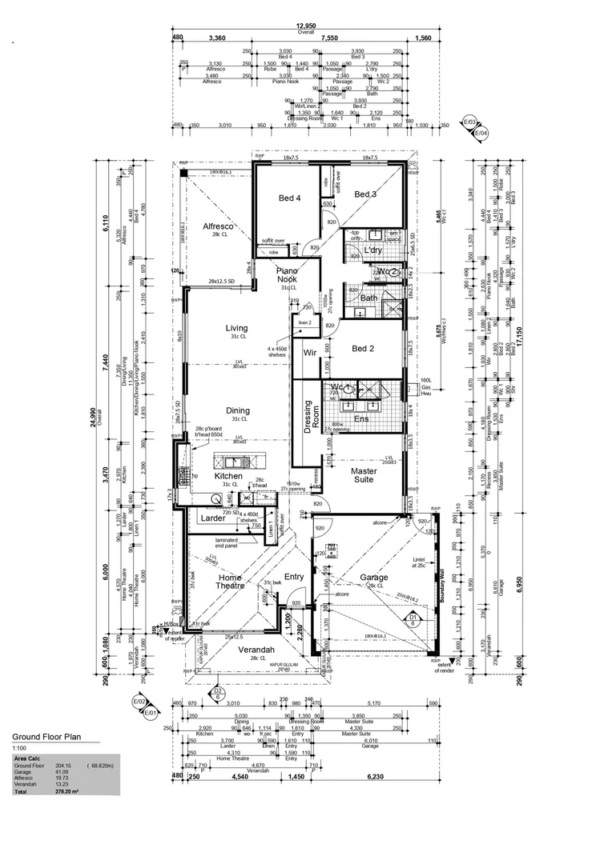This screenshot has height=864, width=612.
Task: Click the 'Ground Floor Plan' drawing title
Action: [46, 737]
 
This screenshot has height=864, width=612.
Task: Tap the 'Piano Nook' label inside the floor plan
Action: [288, 277]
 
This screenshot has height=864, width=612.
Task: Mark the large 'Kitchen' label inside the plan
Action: [228, 476]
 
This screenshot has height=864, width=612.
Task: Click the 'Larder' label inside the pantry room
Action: [212, 518]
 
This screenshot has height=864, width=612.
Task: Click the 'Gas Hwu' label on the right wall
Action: [425, 388]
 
